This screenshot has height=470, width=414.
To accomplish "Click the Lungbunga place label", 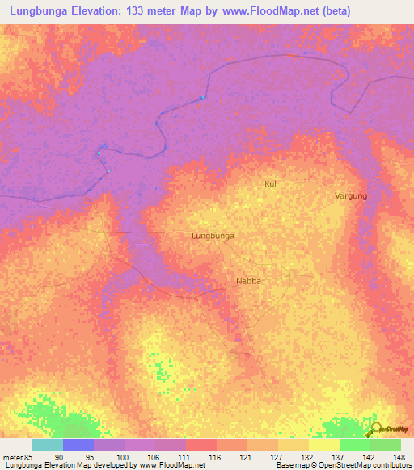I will click(213, 236).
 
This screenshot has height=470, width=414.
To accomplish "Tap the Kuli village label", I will click(272, 184).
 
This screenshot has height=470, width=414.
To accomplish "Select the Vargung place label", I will click(352, 196).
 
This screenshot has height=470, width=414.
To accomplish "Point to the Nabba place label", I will click(247, 281).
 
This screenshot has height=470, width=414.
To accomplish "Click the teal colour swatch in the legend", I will click(48, 445).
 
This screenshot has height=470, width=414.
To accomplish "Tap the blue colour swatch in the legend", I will click(78, 445).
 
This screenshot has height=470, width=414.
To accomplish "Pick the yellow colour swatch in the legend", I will click(323, 445).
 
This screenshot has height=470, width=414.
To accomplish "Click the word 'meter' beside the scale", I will click(12, 457).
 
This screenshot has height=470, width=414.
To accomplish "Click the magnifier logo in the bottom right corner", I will click(374, 428).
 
